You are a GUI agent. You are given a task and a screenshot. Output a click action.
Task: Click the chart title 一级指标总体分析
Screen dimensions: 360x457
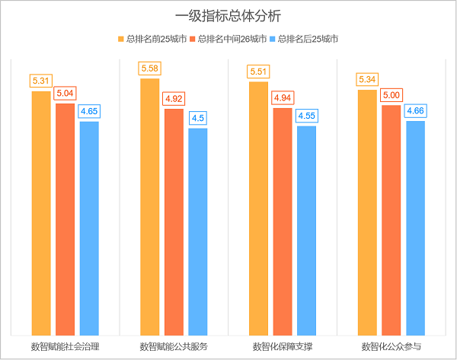click(x=228, y=15)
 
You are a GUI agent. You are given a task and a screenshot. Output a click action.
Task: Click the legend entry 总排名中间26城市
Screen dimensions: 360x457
click(x=232, y=39)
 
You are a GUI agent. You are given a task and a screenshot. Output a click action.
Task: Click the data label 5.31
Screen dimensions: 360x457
click(x=41, y=81)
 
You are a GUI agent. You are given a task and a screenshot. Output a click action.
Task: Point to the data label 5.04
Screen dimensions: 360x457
click(x=66, y=93)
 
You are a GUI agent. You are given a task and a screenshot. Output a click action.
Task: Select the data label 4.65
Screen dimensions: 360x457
click(x=90, y=111)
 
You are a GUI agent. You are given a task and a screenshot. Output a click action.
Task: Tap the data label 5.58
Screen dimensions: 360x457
click(x=150, y=69)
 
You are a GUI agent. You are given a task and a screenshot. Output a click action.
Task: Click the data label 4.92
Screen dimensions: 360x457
click(x=174, y=99)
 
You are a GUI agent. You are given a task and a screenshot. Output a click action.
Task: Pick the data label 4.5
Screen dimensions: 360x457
click(x=198, y=118)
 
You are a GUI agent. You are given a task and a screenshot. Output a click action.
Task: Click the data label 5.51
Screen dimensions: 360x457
click(x=259, y=72)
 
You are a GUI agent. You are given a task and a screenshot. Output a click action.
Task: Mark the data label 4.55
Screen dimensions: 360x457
click(x=307, y=116)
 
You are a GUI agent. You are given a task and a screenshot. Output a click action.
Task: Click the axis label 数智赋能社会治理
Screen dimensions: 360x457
click(x=66, y=346)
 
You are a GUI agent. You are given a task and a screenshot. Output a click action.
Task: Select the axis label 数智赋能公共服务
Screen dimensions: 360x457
click(x=174, y=346)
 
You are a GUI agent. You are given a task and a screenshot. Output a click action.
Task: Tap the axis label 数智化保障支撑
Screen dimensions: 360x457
click(x=283, y=346)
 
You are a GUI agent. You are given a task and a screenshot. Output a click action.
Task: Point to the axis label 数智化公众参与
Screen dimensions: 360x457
click(x=391, y=346)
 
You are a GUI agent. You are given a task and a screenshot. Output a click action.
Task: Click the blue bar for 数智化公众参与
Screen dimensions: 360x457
click(x=415, y=228)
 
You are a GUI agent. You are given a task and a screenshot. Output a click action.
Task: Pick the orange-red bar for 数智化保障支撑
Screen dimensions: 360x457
click(x=283, y=221)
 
